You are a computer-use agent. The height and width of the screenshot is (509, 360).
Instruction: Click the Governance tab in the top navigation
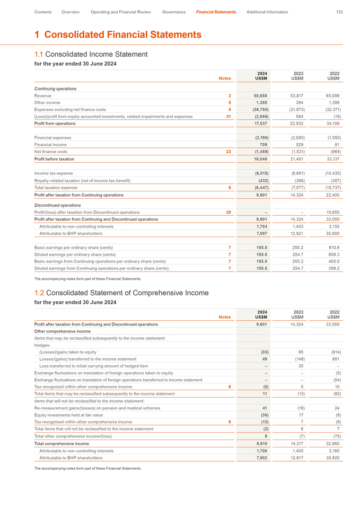(173, 12)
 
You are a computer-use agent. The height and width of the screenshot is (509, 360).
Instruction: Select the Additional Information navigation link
(267, 12)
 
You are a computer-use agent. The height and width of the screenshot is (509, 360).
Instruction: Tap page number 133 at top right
(339, 12)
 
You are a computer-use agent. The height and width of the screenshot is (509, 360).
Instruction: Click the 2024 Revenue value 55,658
(261, 95)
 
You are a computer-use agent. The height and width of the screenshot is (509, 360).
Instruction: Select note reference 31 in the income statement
(229, 116)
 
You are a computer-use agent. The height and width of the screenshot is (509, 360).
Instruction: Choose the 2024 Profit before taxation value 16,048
(261, 159)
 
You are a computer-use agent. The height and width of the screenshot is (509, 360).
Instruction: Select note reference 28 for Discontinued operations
(229, 212)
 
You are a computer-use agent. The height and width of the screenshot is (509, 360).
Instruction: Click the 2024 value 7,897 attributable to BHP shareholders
(261, 233)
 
